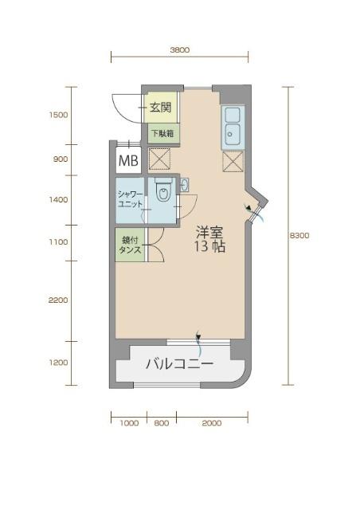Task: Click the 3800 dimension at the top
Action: [179, 49]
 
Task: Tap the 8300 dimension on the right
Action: [299, 235]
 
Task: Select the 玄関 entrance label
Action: [159, 108]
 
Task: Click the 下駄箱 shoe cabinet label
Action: [160, 132]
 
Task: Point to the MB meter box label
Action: [127, 162]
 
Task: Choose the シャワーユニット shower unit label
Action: [130, 199]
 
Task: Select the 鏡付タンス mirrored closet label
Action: [129, 245]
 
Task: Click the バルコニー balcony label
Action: [179, 365]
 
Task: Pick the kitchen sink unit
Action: [233, 127]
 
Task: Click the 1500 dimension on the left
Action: [58, 115]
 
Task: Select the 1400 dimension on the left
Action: [58, 200]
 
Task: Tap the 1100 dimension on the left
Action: [58, 241]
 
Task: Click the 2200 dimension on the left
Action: [58, 300]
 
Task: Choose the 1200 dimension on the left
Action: [58, 363]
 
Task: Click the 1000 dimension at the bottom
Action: [129, 423]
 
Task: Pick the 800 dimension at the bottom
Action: [162, 423]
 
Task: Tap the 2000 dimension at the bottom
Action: [211, 423]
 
